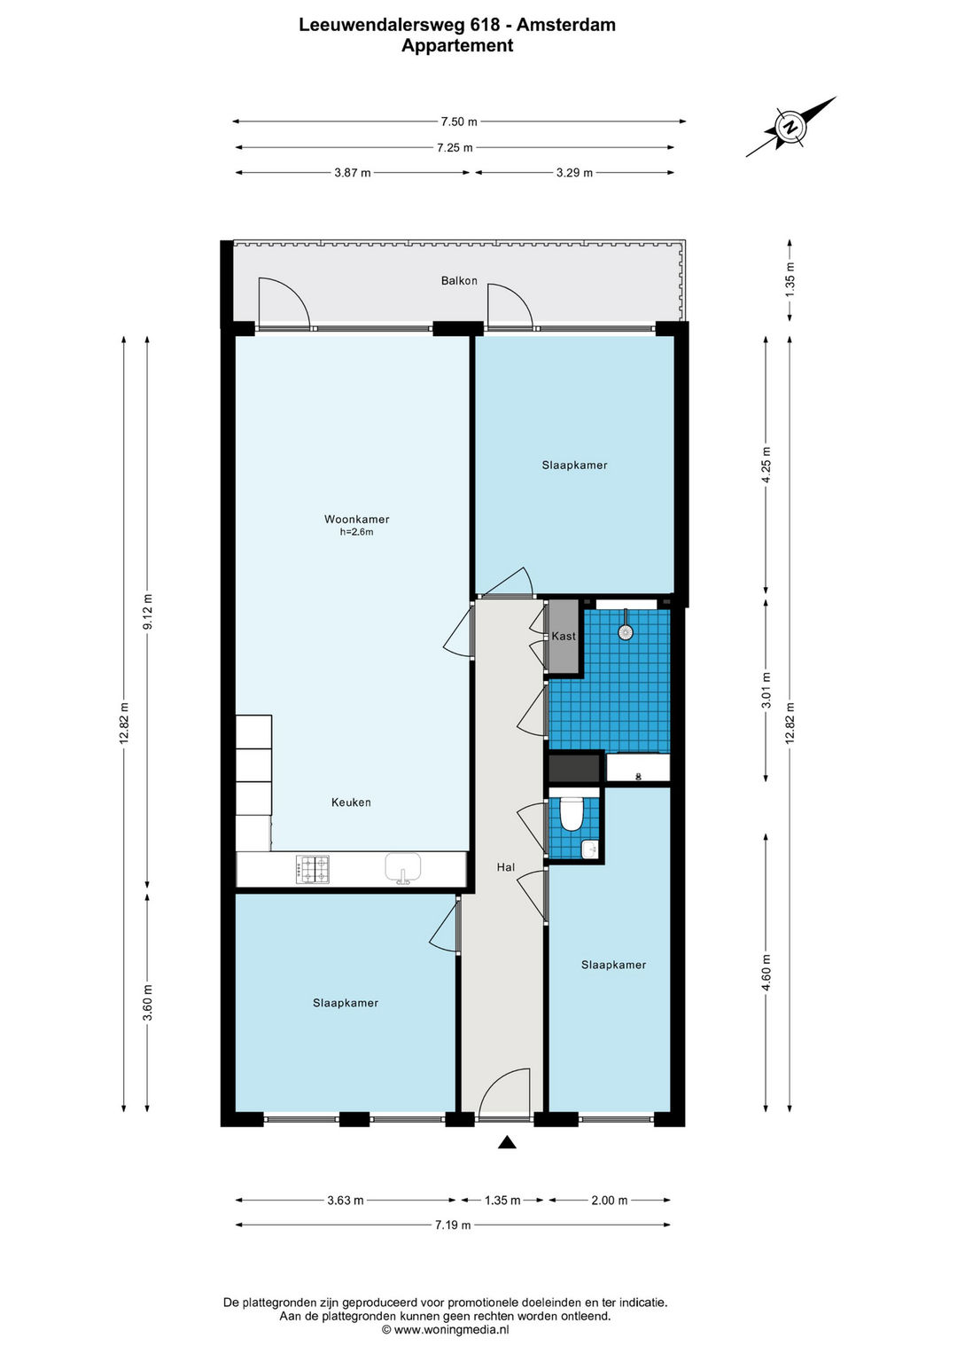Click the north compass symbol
pyautogui.click(x=789, y=128)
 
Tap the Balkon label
pyautogui.click(x=459, y=280)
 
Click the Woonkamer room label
pyautogui.click(x=356, y=519)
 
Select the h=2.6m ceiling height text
pyautogui.click(x=356, y=532)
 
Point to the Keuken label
pyautogui.click(x=351, y=802)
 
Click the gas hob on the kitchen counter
pyautogui.click(x=312, y=869)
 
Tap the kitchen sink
pyautogui.click(x=403, y=868)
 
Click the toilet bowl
pyautogui.click(x=571, y=814)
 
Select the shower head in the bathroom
pyautogui.click(x=626, y=631)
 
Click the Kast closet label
pyautogui.click(x=564, y=636)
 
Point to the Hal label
pyautogui.click(x=506, y=867)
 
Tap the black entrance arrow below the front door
pyautogui.click(x=507, y=1142)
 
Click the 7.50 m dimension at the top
pyautogui.click(x=459, y=121)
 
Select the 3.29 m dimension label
pyautogui.click(x=574, y=172)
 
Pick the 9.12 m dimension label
pyautogui.click(x=147, y=612)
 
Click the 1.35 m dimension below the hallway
pyautogui.click(x=502, y=1200)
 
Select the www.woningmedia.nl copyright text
pyautogui.click(x=445, y=1329)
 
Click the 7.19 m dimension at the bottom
pyautogui.click(x=453, y=1225)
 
